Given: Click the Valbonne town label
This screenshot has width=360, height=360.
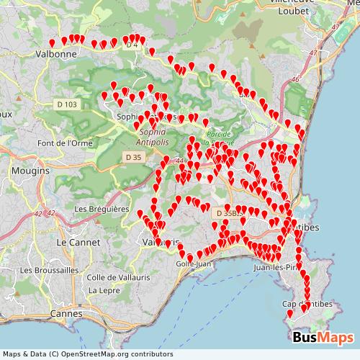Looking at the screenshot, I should (x=56, y=53).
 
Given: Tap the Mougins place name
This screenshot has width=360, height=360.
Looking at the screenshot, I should (x=30, y=171).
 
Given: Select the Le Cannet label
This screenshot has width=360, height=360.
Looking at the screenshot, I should (x=72, y=243).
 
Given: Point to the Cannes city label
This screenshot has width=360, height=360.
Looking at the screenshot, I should (x=66, y=314).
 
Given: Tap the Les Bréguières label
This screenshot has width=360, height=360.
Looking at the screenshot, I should (x=101, y=209).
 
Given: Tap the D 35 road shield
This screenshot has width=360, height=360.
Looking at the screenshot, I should (x=132, y=156).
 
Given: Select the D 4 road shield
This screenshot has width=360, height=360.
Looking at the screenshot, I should (x=131, y=45).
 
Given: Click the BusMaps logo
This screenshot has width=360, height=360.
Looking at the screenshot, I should (x=323, y=337).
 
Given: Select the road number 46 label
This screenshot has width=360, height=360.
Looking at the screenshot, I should (x=295, y=79).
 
